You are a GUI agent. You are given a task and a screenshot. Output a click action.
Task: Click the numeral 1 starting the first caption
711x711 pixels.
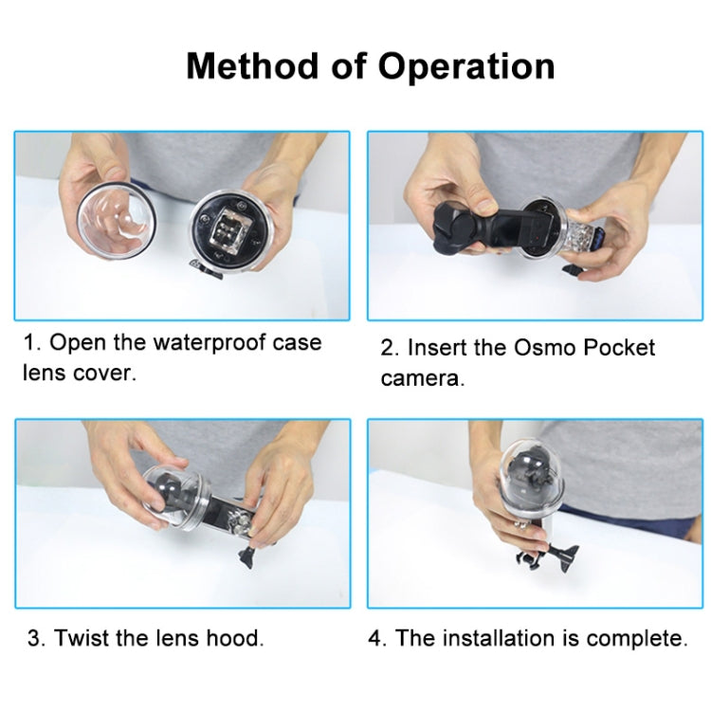tap(27, 342)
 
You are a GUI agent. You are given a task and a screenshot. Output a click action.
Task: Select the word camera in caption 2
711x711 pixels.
tap(422, 378)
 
